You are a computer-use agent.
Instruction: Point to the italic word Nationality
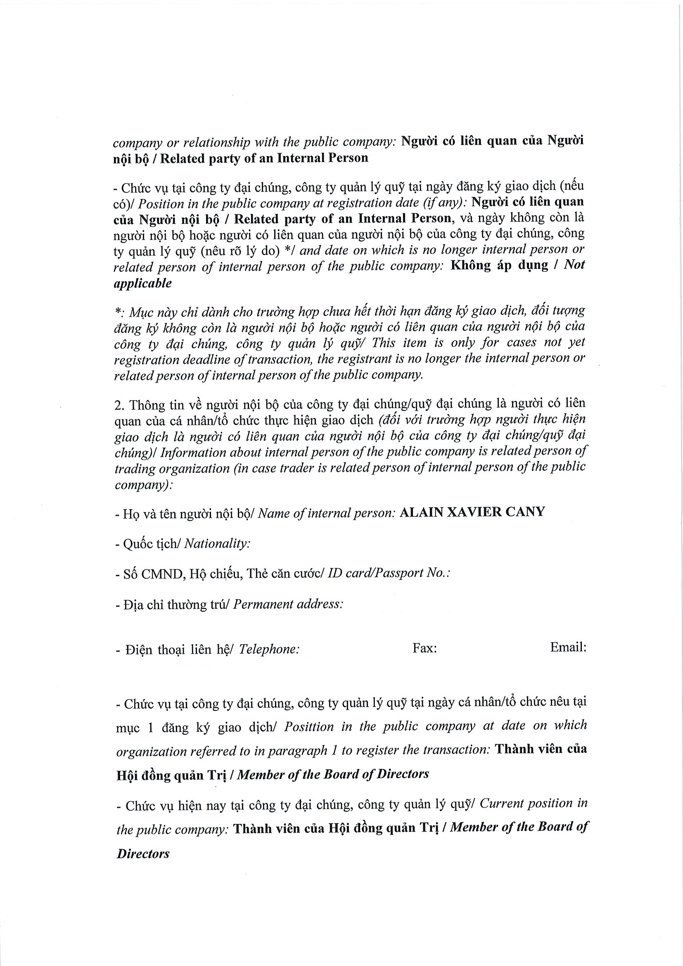217,544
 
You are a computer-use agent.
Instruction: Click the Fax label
425,648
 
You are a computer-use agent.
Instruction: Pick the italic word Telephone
269,650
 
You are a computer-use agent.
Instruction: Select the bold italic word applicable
142,283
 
